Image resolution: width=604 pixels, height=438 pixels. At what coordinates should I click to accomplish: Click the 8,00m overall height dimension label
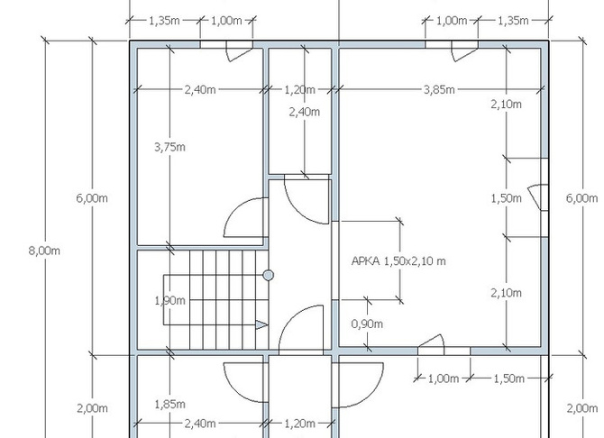click(x=44, y=251)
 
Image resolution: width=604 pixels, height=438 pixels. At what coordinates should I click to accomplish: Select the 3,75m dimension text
click(x=169, y=147)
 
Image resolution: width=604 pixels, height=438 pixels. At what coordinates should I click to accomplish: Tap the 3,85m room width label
click(x=439, y=90)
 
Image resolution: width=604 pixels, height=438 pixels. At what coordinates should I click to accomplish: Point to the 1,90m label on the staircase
click(x=169, y=300)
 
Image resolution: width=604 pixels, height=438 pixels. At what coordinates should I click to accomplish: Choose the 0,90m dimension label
click(x=367, y=324)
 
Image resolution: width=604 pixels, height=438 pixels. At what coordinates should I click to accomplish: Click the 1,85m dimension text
click(x=169, y=404)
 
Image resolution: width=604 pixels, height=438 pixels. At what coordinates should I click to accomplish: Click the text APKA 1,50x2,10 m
click(x=398, y=261)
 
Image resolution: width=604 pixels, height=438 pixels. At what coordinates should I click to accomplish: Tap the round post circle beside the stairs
click(x=269, y=275)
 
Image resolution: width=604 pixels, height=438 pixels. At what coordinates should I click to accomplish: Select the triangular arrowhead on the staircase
click(x=261, y=325)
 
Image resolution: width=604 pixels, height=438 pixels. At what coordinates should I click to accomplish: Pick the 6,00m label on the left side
click(x=92, y=198)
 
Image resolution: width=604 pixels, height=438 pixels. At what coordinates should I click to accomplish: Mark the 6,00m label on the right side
click(x=581, y=198)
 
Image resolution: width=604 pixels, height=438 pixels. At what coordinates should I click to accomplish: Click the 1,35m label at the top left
click(x=164, y=21)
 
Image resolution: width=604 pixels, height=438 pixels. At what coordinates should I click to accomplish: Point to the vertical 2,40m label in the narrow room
click(x=305, y=112)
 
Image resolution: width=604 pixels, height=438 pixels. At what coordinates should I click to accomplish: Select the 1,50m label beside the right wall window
click(x=506, y=198)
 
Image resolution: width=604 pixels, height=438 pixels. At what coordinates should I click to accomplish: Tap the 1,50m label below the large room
click(x=508, y=379)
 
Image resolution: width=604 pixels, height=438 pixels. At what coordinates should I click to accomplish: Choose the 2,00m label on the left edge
click(x=92, y=408)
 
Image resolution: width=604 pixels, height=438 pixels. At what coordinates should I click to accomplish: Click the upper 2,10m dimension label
click(x=506, y=104)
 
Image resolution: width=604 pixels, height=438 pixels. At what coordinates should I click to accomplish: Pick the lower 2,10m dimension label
click(x=506, y=293)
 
